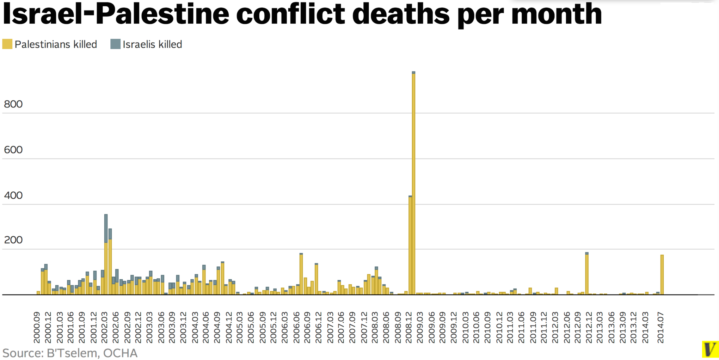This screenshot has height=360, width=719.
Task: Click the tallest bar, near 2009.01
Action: [x=413, y=183]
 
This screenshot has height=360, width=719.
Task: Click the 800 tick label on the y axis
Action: [x=13, y=104]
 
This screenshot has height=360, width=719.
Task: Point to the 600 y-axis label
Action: [x=13, y=150]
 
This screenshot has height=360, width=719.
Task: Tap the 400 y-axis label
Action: [x=13, y=195]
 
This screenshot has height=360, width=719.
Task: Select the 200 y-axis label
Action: [x=13, y=240]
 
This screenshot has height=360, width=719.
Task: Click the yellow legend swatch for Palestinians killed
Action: [x=7, y=44]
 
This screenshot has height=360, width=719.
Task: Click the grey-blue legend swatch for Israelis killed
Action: [x=115, y=44]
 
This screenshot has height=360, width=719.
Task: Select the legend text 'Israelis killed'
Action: [x=152, y=44]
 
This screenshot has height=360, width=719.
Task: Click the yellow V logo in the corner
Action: [x=709, y=349]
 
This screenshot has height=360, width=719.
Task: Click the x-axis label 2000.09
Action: [x=37, y=327]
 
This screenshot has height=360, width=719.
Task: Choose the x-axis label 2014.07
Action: [x=660, y=327]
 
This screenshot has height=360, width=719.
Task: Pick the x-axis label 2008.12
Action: [x=408, y=327]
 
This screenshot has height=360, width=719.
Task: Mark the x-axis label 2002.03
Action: [x=105, y=327]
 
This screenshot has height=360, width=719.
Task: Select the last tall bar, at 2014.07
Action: [x=662, y=275]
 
